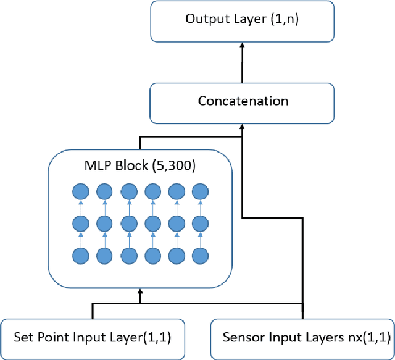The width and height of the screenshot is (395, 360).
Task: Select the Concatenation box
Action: click(243, 101)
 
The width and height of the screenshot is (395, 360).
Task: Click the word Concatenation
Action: click(243, 101)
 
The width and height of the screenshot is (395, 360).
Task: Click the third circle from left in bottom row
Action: click(128, 255)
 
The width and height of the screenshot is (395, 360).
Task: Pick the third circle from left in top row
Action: click(128, 191)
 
